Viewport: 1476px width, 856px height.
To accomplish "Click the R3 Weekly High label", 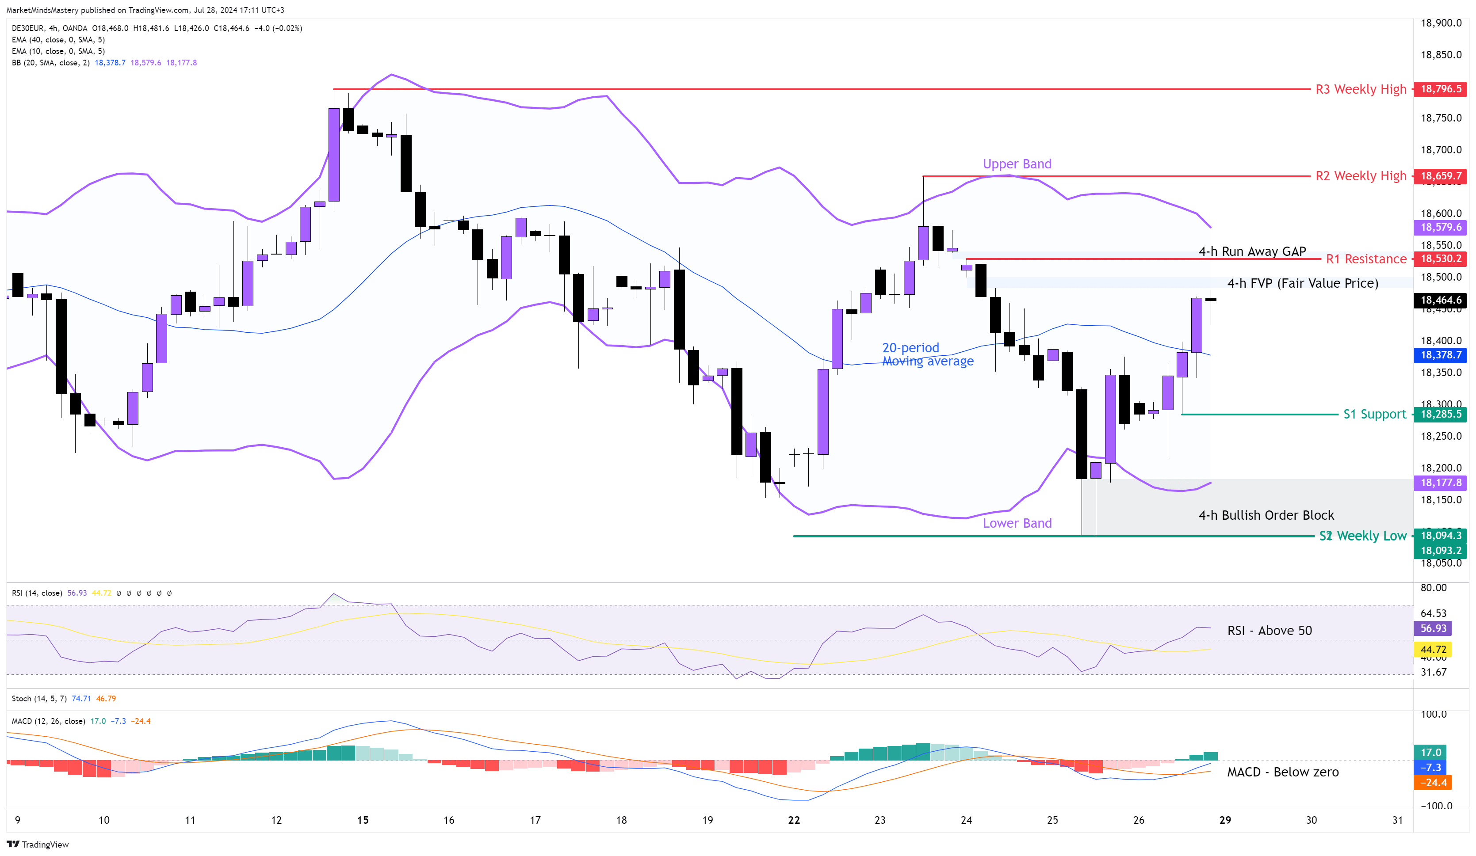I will point(1360,89).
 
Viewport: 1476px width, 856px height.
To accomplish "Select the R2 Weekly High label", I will point(1360,175).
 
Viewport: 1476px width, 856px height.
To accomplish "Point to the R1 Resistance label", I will point(1366,259).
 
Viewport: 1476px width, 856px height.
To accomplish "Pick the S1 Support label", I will point(1374,414).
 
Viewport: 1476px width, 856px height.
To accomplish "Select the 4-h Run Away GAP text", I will point(1252,251).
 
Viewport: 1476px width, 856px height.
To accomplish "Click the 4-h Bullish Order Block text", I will point(1266,515).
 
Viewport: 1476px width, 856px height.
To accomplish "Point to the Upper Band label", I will point(1017,164).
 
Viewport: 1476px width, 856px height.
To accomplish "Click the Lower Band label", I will point(1017,523).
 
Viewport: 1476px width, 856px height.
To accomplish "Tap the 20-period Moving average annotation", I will point(927,354).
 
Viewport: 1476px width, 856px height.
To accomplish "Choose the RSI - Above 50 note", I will point(1269,630).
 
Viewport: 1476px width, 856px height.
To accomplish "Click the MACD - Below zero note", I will point(1282,772).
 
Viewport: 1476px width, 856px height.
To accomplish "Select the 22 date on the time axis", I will point(794,820).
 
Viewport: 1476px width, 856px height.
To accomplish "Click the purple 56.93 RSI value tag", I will point(1433,628).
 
